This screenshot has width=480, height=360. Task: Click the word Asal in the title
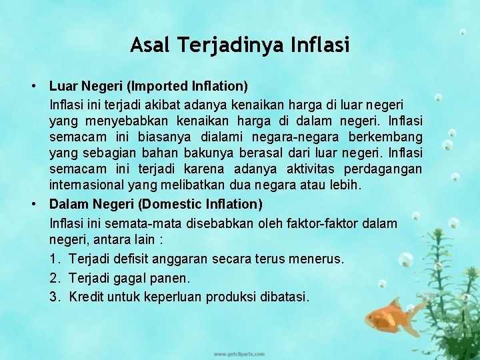coord(149,45)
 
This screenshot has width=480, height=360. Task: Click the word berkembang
coord(389,137)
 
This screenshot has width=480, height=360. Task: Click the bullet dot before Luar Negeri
coord(33,87)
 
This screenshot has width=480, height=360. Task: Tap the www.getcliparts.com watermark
coord(239,353)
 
